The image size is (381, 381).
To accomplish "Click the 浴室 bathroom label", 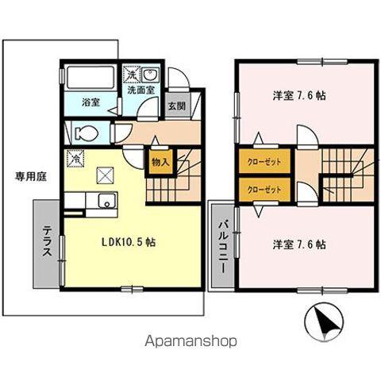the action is [x=90, y=102].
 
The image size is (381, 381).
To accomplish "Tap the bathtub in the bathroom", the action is [x=90, y=78].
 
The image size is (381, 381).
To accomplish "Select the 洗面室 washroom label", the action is [x=141, y=90].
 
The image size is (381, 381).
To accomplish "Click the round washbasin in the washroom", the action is [x=150, y=74].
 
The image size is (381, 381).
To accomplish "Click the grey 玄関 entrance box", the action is [x=177, y=106].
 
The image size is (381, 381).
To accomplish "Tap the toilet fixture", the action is [x=86, y=133].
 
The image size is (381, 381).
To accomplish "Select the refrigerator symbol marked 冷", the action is [x=75, y=159].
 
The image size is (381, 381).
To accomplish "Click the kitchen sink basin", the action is [x=107, y=201].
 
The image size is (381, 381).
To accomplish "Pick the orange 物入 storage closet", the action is [x=160, y=162].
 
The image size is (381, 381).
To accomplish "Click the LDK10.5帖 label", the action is [x=129, y=242].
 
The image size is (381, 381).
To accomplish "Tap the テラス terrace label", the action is [x=48, y=241].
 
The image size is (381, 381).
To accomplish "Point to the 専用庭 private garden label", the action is [x=31, y=177].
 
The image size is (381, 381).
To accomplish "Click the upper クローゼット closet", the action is [x=264, y=162].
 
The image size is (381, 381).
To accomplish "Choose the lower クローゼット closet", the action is [x=264, y=190].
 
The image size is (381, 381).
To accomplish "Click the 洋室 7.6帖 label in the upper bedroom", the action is [x=299, y=95].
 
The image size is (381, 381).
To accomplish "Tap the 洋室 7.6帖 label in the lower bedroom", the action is [x=299, y=244].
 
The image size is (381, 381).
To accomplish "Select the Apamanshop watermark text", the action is [x=190, y=341].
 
